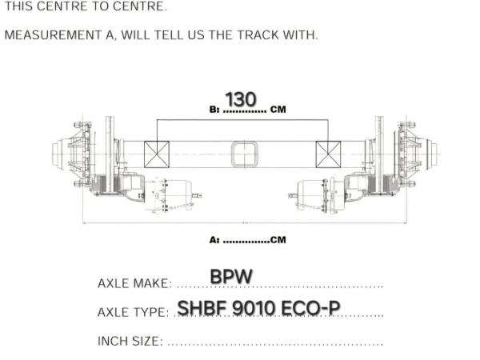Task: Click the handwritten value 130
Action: (241, 99)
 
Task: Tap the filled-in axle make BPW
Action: (231, 277)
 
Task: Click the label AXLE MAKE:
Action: (134, 283)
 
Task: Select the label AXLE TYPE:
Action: (133, 312)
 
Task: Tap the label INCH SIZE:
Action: (130, 341)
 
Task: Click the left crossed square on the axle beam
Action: (157, 154)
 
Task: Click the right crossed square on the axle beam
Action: (328, 154)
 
